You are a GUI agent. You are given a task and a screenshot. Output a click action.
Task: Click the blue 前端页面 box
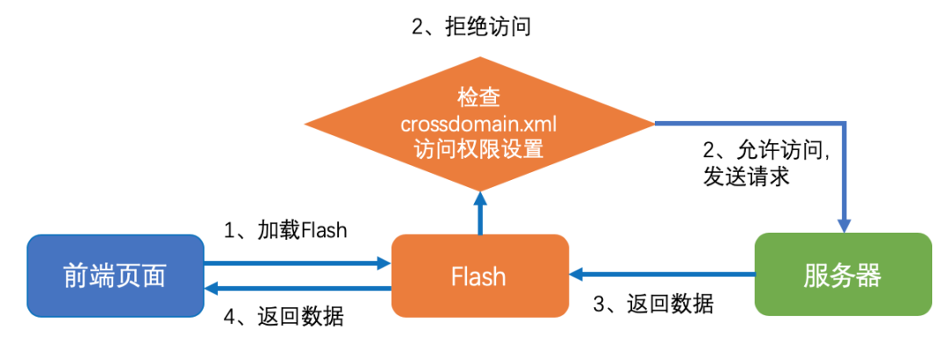click(115, 276)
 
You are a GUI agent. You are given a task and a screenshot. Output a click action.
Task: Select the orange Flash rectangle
click(478, 276)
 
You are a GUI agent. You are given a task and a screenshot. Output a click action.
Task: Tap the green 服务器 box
click(842, 275)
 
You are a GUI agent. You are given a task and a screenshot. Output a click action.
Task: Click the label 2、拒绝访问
click(471, 27)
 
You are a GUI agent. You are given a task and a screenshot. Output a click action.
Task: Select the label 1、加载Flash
click(285, 232)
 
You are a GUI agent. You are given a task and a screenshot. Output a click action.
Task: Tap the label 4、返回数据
click(284, 316)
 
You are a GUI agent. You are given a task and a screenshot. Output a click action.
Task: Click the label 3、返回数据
click(654, 305)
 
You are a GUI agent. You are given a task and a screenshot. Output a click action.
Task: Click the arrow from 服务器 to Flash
click(663, 275)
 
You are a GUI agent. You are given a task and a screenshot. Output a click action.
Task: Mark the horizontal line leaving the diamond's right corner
click(746, 123)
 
